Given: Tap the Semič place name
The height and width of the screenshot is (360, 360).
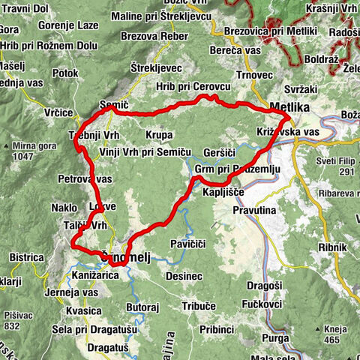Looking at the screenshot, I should click(x=112, y=105).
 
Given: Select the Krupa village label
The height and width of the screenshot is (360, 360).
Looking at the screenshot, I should click(x=159, y=134).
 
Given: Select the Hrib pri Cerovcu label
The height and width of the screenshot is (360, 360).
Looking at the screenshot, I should click(x=191, y=86).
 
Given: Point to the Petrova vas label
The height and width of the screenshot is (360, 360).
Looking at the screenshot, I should click(x=85, y=179).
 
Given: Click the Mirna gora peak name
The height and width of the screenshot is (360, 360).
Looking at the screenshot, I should click(x=34, y=147).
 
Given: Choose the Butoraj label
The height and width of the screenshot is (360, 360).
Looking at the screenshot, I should click(x=142, y=307).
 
